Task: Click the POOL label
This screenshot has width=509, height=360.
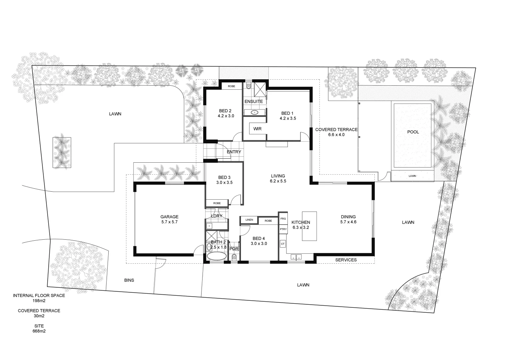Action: [x=413, y=132]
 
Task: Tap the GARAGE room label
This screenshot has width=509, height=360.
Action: [x=169, y=217]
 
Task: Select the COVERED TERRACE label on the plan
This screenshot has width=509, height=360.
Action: [x=336, y=130]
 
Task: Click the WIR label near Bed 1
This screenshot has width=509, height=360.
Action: [x=257, y=129]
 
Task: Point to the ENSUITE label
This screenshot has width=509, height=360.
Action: [x=254, y=101]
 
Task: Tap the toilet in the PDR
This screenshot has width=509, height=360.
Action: [x=234, y=257]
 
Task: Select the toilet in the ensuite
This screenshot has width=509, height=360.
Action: [x=249, y=86]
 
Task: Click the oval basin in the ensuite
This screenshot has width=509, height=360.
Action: [x=255, y=112]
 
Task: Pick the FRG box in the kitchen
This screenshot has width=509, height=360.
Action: [x=283, y=219]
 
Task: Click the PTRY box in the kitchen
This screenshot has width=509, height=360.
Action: [x=283, y=229]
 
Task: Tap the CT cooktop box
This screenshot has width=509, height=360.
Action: [x=283, y=244]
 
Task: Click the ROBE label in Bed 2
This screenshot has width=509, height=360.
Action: [x=231, y=86]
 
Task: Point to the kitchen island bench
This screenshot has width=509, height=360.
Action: [x=309, y=226]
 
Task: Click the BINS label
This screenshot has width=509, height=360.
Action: [x=129, y=280]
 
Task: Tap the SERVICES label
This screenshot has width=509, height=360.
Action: [x=346, y=260]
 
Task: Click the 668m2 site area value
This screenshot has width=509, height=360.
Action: [x=39, y=331]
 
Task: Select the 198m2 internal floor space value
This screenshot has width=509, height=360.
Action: [x=39, y=301]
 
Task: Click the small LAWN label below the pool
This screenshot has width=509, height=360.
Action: [x=412, y=176]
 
